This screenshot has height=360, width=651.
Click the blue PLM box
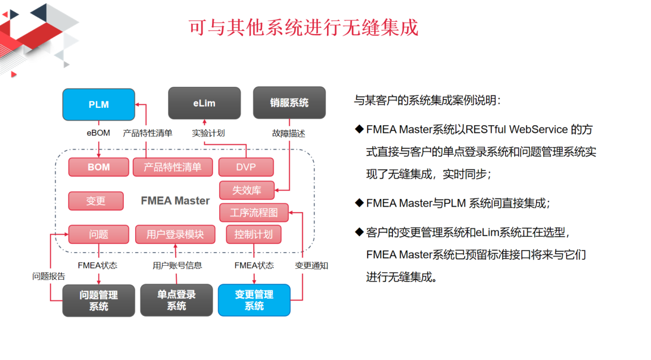point(99,105)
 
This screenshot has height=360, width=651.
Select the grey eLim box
point(205,103)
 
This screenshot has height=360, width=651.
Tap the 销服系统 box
point(289,102)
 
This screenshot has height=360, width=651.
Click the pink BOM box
point(99,167)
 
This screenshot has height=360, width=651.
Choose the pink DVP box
point(246,167)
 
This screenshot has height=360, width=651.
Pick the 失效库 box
point(247,190)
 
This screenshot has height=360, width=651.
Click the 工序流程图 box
point(254,213)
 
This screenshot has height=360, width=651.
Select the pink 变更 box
point(96,201)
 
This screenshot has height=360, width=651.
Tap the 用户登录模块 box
point(175,234)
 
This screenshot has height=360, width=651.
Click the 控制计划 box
point(254,234)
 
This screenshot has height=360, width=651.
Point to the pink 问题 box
point(99,234)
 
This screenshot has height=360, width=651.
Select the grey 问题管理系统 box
point(99,300)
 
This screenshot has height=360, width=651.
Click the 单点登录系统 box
point(176,300)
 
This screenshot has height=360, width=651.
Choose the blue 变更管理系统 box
point(254,300)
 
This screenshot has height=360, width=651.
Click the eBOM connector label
point(98,133)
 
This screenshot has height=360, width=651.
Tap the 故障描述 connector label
point(289,133)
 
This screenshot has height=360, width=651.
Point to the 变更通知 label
point(311,266)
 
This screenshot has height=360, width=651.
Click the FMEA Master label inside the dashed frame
point(175,201)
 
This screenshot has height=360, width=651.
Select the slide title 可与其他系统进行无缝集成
point(303,28)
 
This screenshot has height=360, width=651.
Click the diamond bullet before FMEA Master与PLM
point(360,203)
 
